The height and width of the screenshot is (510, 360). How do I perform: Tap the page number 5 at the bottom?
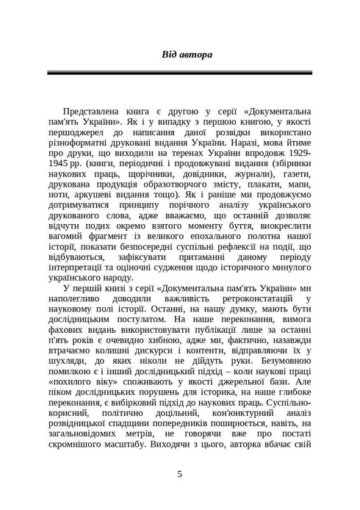[x=180, y=473]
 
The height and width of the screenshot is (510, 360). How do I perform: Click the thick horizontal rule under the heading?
[x=180, y=73]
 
